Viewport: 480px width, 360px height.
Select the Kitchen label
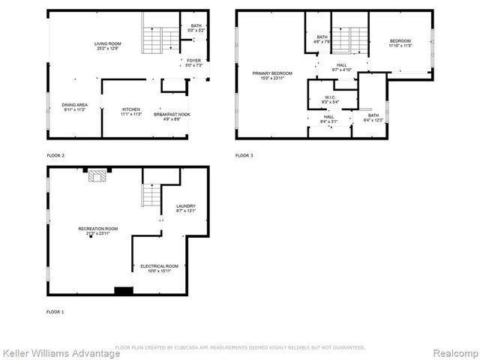[x=131, y=112]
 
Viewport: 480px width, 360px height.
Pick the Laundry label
[x=185, y=208]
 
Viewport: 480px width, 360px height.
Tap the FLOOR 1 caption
[x=55, y=311]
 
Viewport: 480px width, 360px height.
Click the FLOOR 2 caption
[x=55, y=155]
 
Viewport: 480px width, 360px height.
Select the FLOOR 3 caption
[x=244, y=155]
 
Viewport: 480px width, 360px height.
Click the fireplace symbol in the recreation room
[x=97, y=175]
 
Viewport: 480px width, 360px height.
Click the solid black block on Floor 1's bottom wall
[x=123, y=291]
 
